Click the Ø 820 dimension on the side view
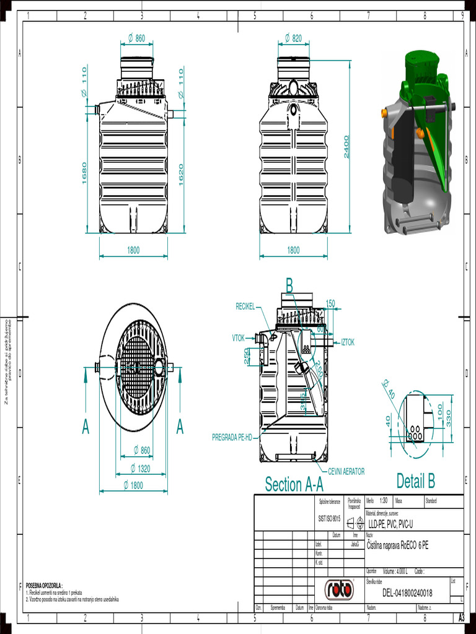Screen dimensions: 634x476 coord(293,38)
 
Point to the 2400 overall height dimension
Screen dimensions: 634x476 coord(347,146)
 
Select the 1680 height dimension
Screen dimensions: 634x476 coord(85,173)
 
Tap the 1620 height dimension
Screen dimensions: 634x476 coord(181,174)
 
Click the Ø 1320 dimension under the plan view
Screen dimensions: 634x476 coord(140,468)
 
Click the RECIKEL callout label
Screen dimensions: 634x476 coord(245,306)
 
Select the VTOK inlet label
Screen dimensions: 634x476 coord(239,338)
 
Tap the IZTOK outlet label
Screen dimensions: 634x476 coord(347,342)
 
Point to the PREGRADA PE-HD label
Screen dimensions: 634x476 coord(232,437)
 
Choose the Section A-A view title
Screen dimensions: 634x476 coord(294,484)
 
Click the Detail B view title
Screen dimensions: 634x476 coord(415,480)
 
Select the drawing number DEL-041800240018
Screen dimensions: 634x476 coord(407,593)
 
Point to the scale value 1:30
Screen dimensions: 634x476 coord(383,500)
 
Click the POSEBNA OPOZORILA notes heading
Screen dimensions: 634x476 coord(44,585)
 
